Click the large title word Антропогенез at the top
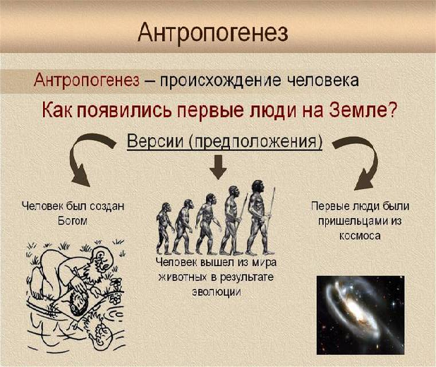click(x=213, y=33)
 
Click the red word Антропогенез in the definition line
click(x=87, y=80)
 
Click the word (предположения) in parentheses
click(x=255, y=142)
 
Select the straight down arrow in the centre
click(x=218, y=167)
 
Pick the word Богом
click(x=73, y=221)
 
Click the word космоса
click(x=360, y=236)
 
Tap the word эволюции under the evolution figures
click(x=217, y=292)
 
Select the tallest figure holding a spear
click(x=259, y=217)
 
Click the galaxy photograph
click(x=361, y=315)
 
